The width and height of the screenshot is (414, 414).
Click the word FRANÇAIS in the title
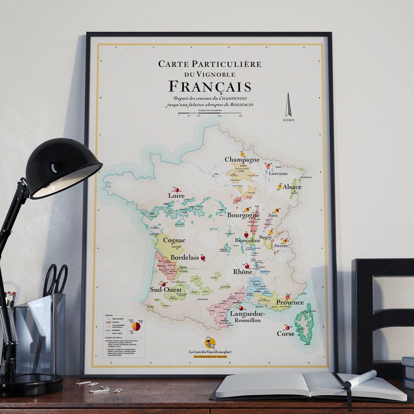point(210,86)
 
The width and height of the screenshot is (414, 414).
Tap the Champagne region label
point(242,160)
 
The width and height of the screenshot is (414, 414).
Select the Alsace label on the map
point(292,187)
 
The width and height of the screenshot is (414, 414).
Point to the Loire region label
point(176,195)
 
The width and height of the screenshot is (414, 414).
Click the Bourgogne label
point(243,215)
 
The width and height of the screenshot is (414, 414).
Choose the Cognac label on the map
point(174,240)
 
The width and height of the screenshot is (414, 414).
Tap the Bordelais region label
point(184,258)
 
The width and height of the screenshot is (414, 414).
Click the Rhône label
point(242,272)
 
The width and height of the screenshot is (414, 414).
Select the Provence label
point(290,303)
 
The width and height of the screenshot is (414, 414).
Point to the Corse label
point(285,333)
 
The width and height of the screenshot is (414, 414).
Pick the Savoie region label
point(282,246)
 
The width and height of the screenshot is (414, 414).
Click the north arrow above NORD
point(288,105)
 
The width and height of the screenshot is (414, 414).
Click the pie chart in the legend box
point(136,326)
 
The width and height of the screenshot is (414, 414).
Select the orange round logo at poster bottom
point(210,343)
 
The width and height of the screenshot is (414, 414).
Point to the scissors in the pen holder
point(56,281)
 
